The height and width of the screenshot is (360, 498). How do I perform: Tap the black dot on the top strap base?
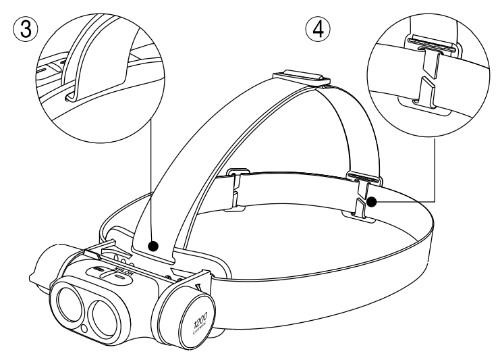tap(155, 247)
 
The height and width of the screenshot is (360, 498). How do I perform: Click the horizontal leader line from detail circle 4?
tap(405, 201)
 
